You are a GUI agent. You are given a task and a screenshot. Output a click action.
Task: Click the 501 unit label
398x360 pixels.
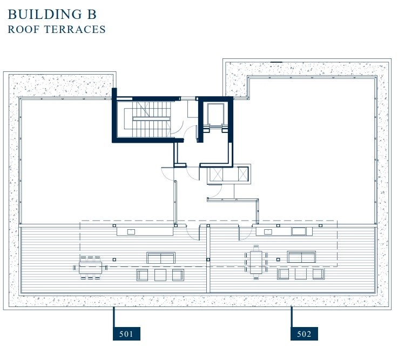tap(126, 334)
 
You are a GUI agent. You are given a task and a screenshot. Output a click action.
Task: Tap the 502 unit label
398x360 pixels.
tap(304, 334)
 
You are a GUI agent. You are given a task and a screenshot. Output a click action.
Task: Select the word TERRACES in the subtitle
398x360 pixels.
tap(75, 30)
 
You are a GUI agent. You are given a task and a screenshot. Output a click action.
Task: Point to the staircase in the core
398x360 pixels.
tap(151, 119)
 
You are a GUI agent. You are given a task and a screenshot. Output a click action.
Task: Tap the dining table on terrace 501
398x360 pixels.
tap(90, 268)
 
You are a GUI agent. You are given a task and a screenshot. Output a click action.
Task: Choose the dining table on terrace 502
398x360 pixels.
tap(256, 262)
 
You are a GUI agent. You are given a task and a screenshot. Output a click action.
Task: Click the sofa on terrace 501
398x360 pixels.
tap(161, 258)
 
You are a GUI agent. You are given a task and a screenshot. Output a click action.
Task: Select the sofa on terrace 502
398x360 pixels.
tap(301, 257)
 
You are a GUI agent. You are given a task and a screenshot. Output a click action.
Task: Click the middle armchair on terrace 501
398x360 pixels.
tap(160, 275)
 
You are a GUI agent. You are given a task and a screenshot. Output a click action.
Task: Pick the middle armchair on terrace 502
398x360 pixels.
tap(301, 274)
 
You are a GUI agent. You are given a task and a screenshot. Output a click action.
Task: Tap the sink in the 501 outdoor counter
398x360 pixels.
tap(131, 232)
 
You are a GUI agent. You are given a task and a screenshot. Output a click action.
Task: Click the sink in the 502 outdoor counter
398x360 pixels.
tap(268, 232)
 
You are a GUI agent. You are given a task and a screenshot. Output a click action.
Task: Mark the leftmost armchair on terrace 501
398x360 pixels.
tap(143, 275)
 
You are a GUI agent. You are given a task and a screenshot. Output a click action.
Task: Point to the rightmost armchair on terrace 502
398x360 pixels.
tap(318, 274)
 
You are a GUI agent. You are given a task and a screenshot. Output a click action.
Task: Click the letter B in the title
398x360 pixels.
tap(92, 14)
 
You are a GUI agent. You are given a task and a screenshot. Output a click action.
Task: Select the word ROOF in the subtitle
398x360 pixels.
tap(24, 30)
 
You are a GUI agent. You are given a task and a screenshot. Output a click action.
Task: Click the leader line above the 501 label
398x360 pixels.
tap(114, 317)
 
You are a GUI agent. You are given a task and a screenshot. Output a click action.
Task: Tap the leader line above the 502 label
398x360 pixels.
tap(292, 317)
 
